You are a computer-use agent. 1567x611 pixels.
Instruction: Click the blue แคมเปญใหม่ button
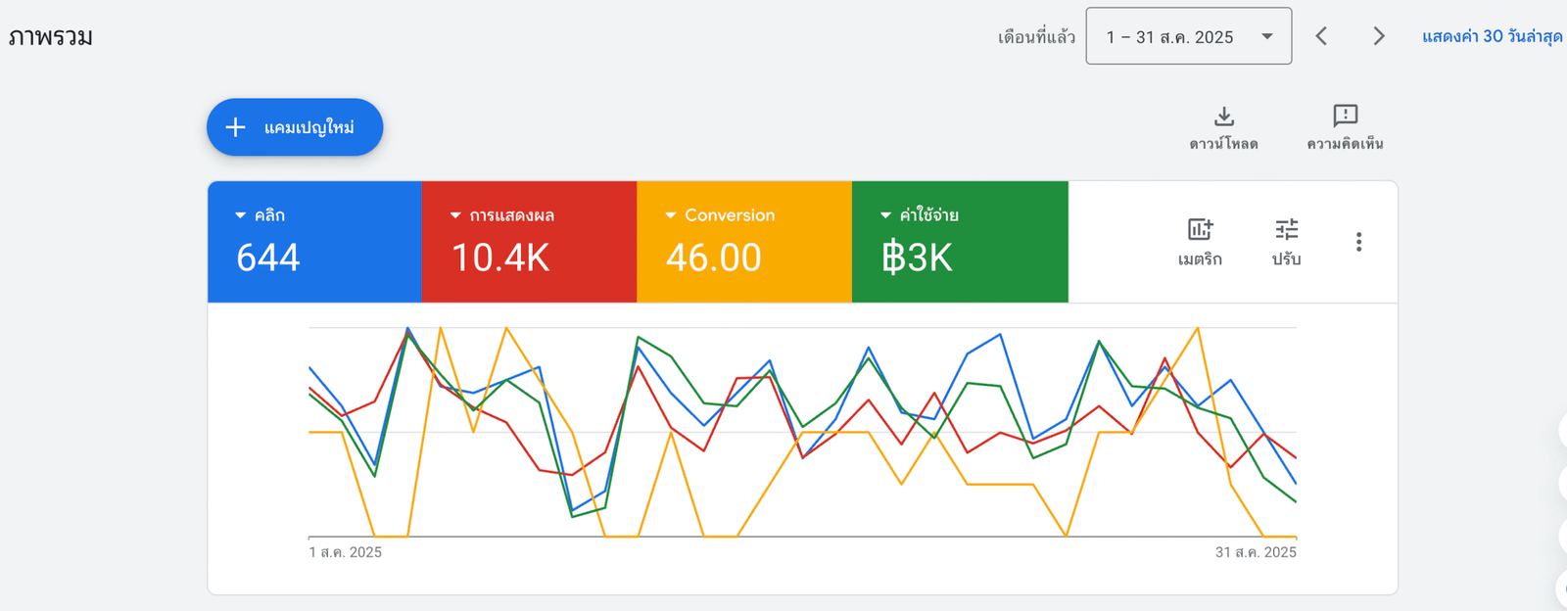295,127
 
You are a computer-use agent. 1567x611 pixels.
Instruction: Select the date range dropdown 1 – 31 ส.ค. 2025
1188,37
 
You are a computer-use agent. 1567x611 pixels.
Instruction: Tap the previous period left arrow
1321,37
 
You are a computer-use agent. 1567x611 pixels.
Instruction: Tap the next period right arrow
1378,37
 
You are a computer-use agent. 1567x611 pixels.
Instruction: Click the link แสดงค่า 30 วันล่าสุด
1492,37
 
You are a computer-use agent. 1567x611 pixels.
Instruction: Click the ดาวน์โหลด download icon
1223,117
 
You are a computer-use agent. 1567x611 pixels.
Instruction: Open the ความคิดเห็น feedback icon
1345,117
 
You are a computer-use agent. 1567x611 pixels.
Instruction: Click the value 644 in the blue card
268,258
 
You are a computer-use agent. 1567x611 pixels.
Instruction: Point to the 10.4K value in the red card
500,258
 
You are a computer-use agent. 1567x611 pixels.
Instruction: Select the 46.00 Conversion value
713,258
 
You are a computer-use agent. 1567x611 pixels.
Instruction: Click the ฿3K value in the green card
917,258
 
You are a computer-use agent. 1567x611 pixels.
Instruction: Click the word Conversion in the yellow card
730,215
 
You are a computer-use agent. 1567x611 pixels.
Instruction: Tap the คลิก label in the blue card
269,215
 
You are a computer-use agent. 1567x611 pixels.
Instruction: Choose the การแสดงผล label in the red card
511,215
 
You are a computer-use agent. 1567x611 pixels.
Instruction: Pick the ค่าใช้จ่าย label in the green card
928,215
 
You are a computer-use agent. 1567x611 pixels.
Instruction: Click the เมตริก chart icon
1200,230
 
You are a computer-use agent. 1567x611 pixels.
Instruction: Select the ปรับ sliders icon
1286,230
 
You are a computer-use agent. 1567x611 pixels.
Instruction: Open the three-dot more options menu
1358,242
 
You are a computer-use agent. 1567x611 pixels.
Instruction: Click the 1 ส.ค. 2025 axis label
346,552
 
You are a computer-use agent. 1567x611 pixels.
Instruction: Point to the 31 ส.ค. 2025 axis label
1256,552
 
